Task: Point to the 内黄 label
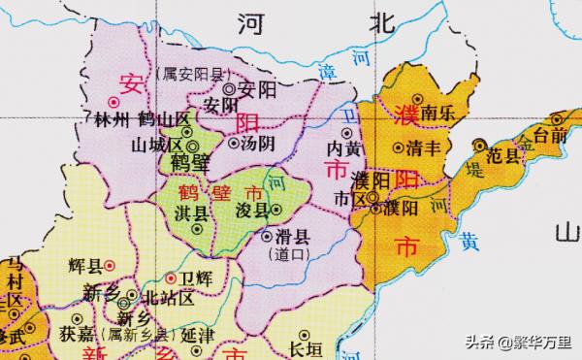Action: click(x=344, y=149)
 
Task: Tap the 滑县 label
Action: click(x=289, y=236)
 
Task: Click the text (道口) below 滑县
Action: click(x=291, y=253)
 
